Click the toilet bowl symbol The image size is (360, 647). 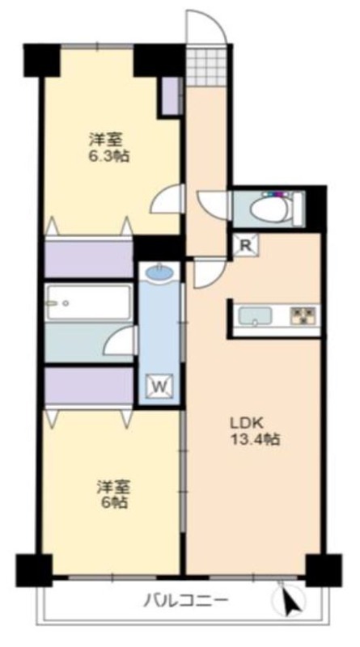(x=270, y=209)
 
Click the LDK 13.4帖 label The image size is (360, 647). (x=257, y=433)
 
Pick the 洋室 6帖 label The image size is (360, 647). (x=112, y=494)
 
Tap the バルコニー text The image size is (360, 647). (x=186, y=600)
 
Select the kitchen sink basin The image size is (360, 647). (x=256, y=315)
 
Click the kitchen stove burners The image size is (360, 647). (x=305, y=315)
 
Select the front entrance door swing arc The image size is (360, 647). (x=203, y=28)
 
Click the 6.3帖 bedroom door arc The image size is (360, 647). (x=167, y=199)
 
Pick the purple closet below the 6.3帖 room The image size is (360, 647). (x=88, y=258)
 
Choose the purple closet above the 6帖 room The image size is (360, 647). (x=88, y=386)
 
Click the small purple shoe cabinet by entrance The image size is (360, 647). (x=170, y=95)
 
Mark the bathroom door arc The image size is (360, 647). (x=121, y=343)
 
